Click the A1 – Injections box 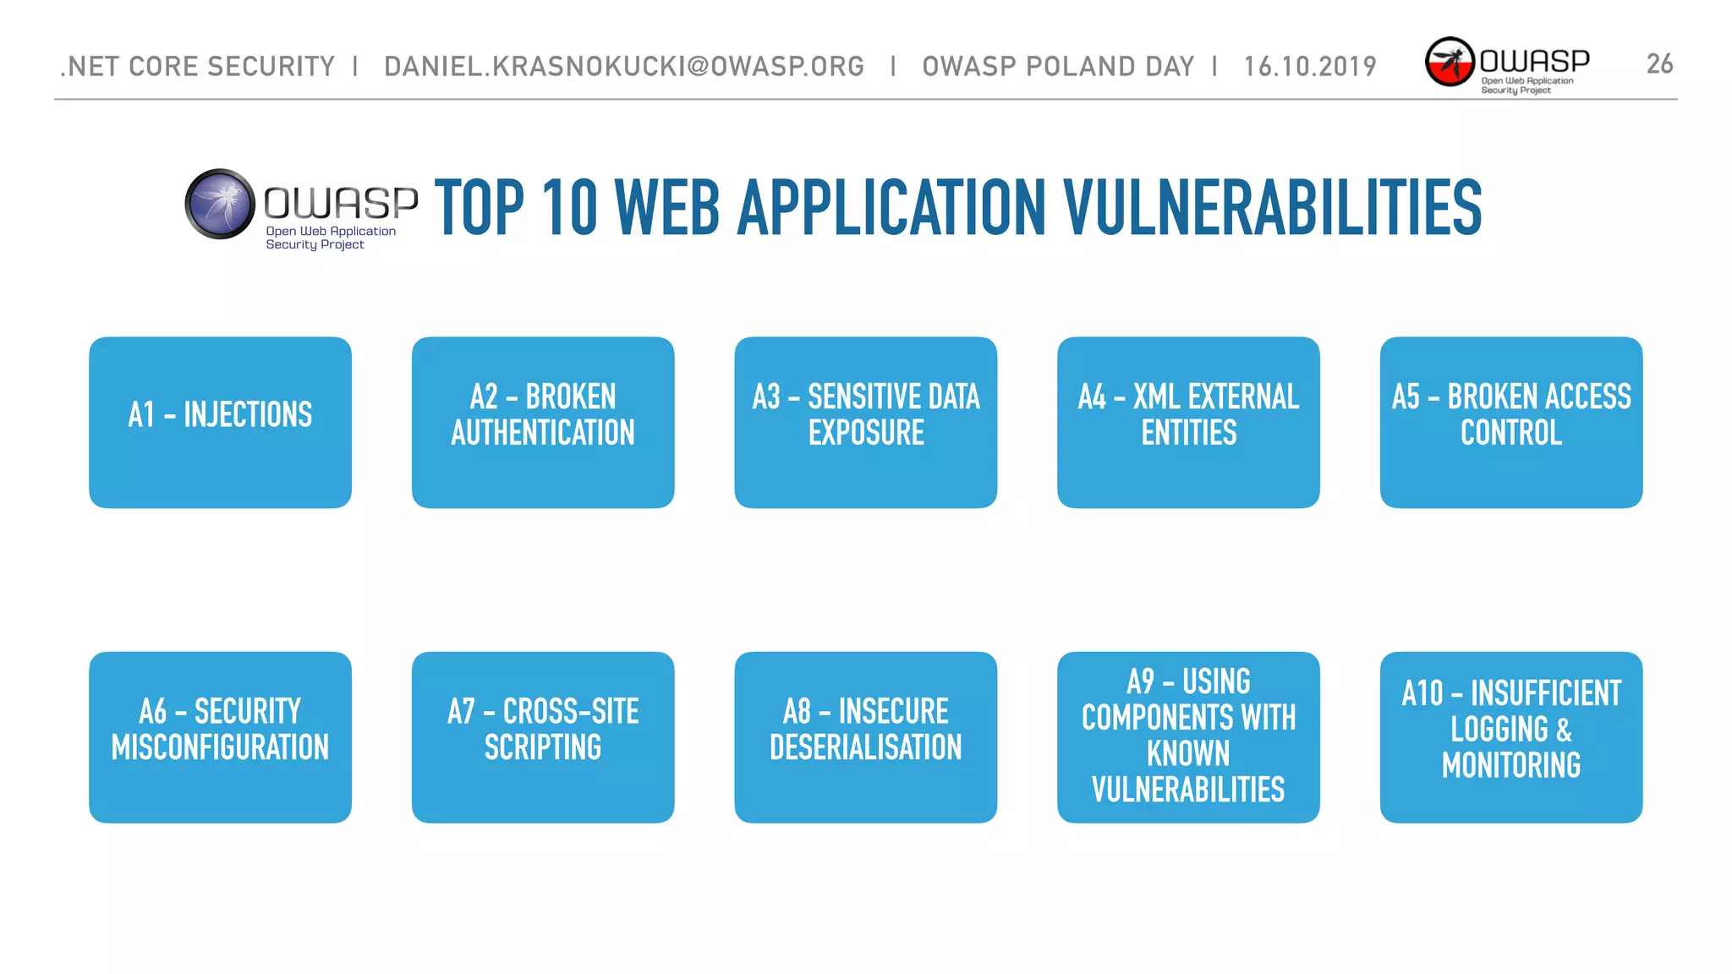[x=220, y=422]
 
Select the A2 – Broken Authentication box [x=543, y=422]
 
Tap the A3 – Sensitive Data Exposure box [x=865, y=422]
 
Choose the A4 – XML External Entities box [x=1188, y=422]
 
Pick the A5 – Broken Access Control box [x=1511, y=422]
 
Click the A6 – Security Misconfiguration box [x=220, y=736]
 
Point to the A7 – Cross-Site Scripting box [x=543, y=736]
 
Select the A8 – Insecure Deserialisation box [x=865, y=736]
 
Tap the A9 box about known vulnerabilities [x=1188, y=736]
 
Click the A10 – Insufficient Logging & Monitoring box [x=1511, y=736]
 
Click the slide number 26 [x=1659, y=64]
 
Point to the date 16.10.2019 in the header [x=1310, y=66]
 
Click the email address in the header [x=624, y=66]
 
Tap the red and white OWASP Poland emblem [x=1450, y=62]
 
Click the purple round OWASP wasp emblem [x=220, y=204]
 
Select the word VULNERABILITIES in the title [x=1272, y=208]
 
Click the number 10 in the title [x=570, y=208]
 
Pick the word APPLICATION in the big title [x=892, y=208]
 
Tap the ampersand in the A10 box [x=1564, y=730]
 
